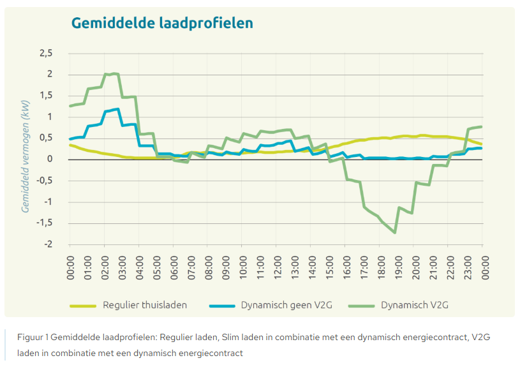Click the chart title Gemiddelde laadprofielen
[x=162, y=23]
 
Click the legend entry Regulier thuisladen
[x=145, y=305]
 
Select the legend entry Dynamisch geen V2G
[x=281, y=305]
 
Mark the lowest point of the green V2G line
[x=396, y=233]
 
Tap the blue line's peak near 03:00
[x=118, y=109]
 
